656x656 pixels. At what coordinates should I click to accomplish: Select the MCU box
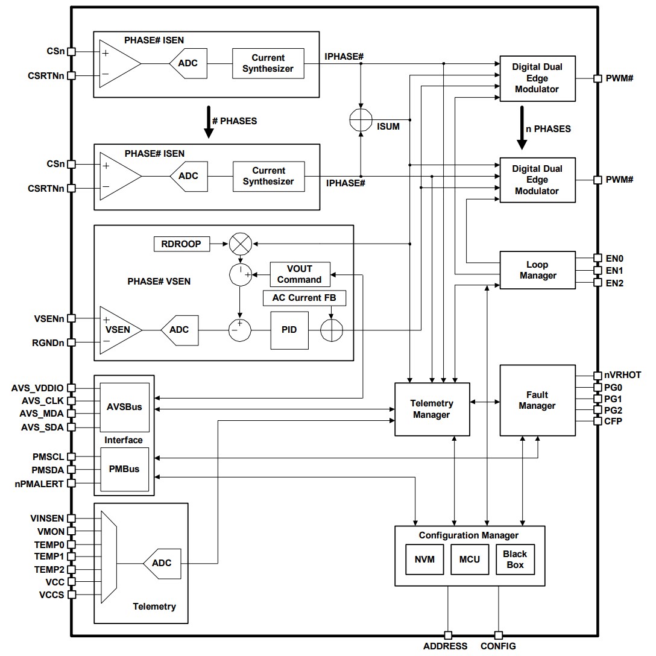pyautogui.click(x=470, y=559)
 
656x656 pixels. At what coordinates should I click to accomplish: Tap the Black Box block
pyautogui.click(x=515, y=559)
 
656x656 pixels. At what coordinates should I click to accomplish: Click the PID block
pyautogui.click(x=289, y=330)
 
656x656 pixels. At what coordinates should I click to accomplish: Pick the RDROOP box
pyautogui.click(x=181, y=244)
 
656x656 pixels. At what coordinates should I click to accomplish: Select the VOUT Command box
pyautogui.click(x=300, y=274)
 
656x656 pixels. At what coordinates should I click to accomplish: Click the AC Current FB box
pyautogui.click(x=304, y=298)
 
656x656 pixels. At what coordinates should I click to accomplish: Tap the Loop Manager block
pyautogui.click(x=537, y=270)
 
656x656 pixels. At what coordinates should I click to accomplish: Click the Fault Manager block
pyautogui.click(x=537, y=400)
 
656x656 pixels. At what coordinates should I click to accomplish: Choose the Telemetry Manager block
pyautogui.click(x=432, y=409)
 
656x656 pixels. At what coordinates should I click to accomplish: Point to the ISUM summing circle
pyautogui.click(x=362, y=120)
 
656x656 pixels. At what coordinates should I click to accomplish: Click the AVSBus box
pyautogui.click(x=124, y=407)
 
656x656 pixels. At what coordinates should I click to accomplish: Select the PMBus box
pyautogui.click(x=124, y=469)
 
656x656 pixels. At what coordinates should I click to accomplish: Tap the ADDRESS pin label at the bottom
pyautogui.click(x=445, y=646)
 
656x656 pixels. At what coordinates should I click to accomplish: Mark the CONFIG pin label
pyautogui.click(x=498, y=646)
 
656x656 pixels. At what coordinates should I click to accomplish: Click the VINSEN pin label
pyautogui.click(x=46, y=518)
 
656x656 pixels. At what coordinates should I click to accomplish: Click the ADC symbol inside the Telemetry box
pyautogui.click(x=160, y=563)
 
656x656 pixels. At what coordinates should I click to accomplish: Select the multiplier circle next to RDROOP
pyautogui.click(x=240, y=244)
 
